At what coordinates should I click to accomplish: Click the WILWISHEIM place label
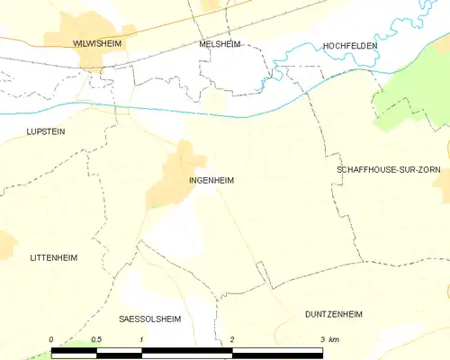pos(97,42)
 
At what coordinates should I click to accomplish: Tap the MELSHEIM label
pos(220,43)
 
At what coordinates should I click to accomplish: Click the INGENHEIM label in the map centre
pos(212,180)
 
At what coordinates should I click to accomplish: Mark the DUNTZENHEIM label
pos(333,314)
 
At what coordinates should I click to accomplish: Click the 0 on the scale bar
pos(51,339)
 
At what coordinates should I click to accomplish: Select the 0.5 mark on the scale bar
pos(96,339)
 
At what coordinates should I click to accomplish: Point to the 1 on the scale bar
pos(142,339)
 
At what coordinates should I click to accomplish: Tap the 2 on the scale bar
pos(233,339)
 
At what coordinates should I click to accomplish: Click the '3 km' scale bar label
pos(328,339)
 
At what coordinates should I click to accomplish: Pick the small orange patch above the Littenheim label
pos(5,242)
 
